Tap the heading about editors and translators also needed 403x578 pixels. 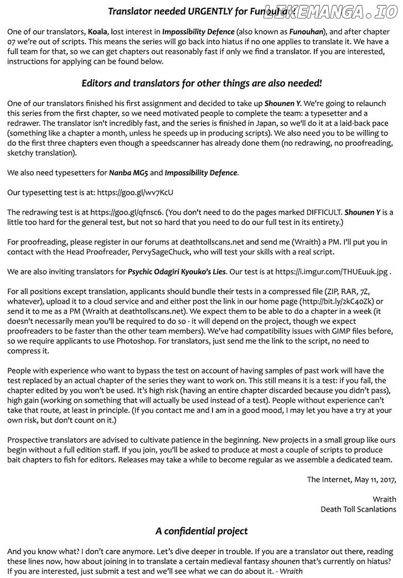pyautogui.click(x=201, y=83)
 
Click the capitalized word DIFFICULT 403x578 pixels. pyautogui.click(x=316, y=212)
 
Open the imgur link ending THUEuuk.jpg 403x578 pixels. pyautogui.click(x=332, y=272)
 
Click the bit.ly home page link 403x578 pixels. pyautogui.click(x=336, y=301)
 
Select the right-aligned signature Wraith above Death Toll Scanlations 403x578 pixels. pyautogui.click(x=384, y=499)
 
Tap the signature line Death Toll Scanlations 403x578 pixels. pyautogui.click(x=358, y=509)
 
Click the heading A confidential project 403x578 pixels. pyautogui.click(x=201, y=531)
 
